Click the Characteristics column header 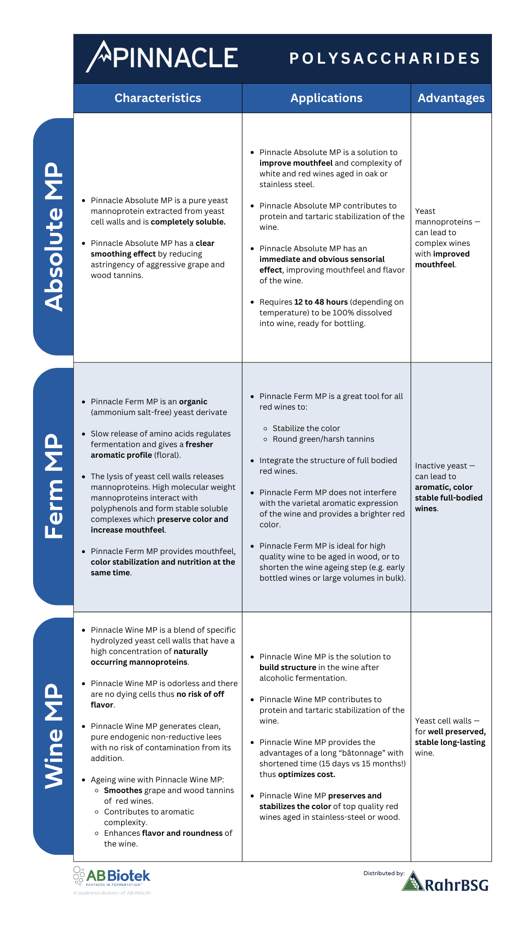[157, 98]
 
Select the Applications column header [326, 98]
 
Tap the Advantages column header [451, 98]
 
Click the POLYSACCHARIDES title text [385, 59]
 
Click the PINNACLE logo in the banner [162, 57]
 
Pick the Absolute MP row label [54, 237]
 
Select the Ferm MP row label [54, 486]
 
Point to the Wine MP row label [54, 736]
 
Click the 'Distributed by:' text [384, 873]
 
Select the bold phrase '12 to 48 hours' [321, 302]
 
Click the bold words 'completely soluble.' [188, 222]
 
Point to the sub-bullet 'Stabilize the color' [306, 429]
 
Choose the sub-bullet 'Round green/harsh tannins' [323, 439]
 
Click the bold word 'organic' [193, 402]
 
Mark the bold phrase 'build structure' [288, 668]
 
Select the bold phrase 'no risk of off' [200, 694]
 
